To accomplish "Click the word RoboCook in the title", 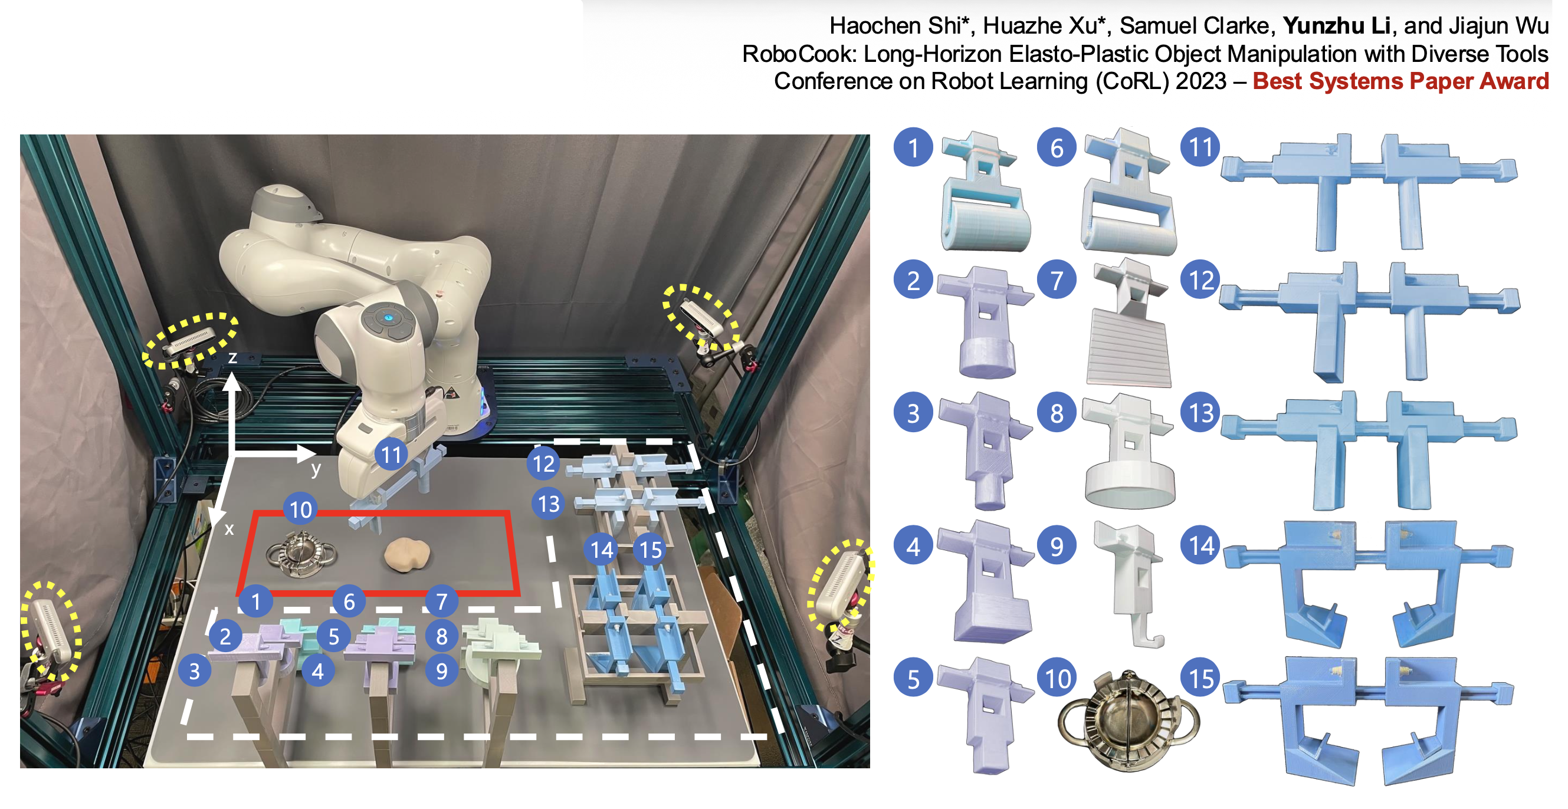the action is point(799,54).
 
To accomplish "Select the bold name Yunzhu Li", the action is point(1337,25).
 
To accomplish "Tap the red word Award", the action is point(1513,81).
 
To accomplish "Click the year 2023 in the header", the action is point(1200,81).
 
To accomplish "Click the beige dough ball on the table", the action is point(406,554).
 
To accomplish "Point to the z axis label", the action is point(232,358).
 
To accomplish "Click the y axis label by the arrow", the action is point(316,469).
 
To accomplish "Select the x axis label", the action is point(229,529).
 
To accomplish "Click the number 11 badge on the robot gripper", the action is point(391,454).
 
